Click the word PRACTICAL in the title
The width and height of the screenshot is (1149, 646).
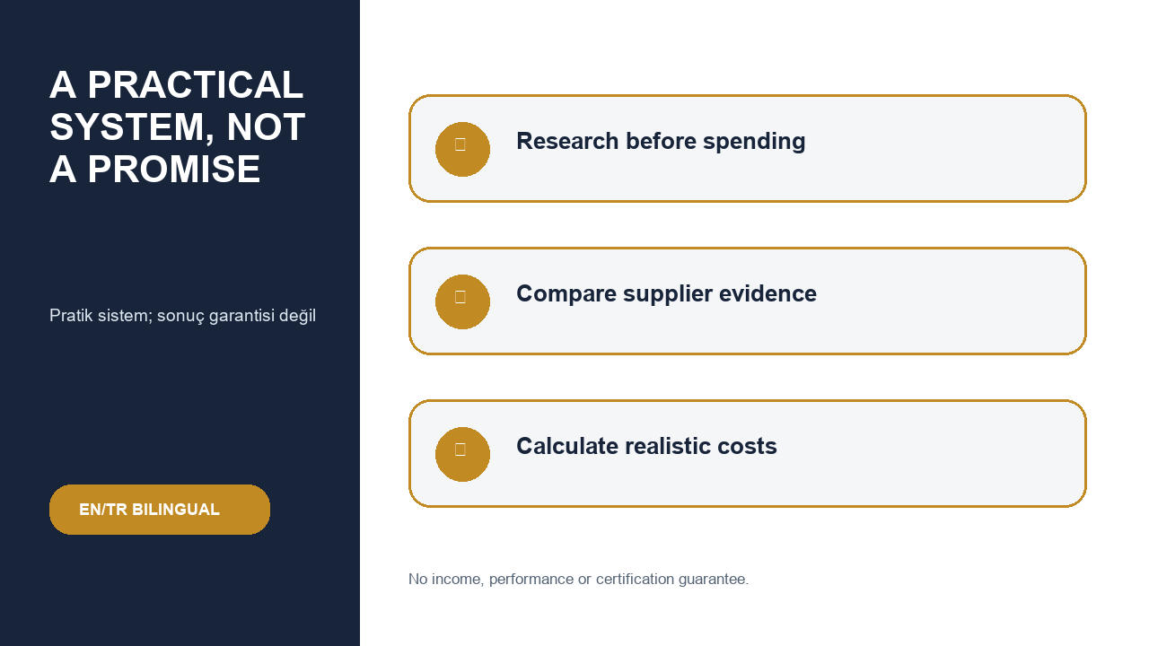pos(196,84)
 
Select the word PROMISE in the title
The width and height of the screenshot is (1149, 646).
pos(174,170)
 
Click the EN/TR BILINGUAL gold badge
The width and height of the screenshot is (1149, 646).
pos(160,510)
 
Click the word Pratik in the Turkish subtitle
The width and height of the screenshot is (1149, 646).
pos(71,315)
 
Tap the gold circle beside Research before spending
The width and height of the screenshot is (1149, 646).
pos(462,149)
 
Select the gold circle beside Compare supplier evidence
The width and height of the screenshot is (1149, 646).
pos(462,302)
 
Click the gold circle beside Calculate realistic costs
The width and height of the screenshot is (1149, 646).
pos(462,454)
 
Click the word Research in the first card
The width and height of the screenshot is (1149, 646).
pos(567,141)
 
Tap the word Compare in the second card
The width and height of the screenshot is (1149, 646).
pos(566,294)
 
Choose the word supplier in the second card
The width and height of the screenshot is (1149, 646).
pos(668,294)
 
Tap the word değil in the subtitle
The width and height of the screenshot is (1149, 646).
pos(297,316)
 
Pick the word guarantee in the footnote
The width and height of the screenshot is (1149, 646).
pos(714,580)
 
